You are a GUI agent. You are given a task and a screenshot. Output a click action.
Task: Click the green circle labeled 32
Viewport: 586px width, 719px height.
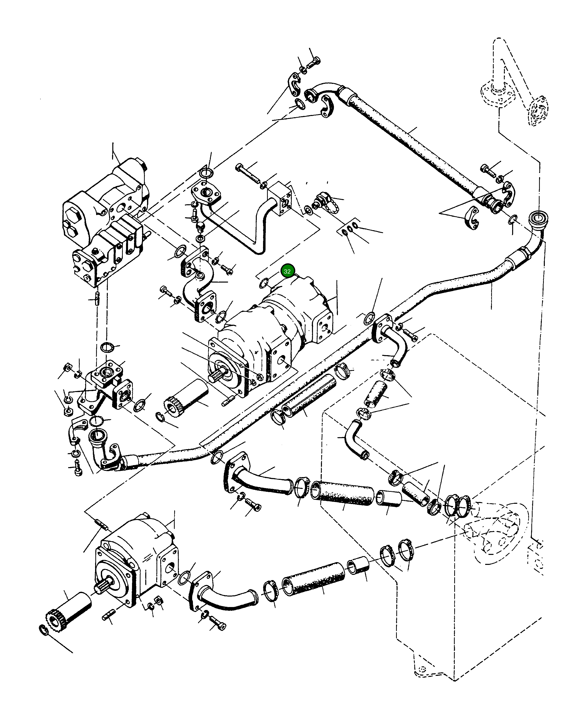(x=287, y=271)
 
